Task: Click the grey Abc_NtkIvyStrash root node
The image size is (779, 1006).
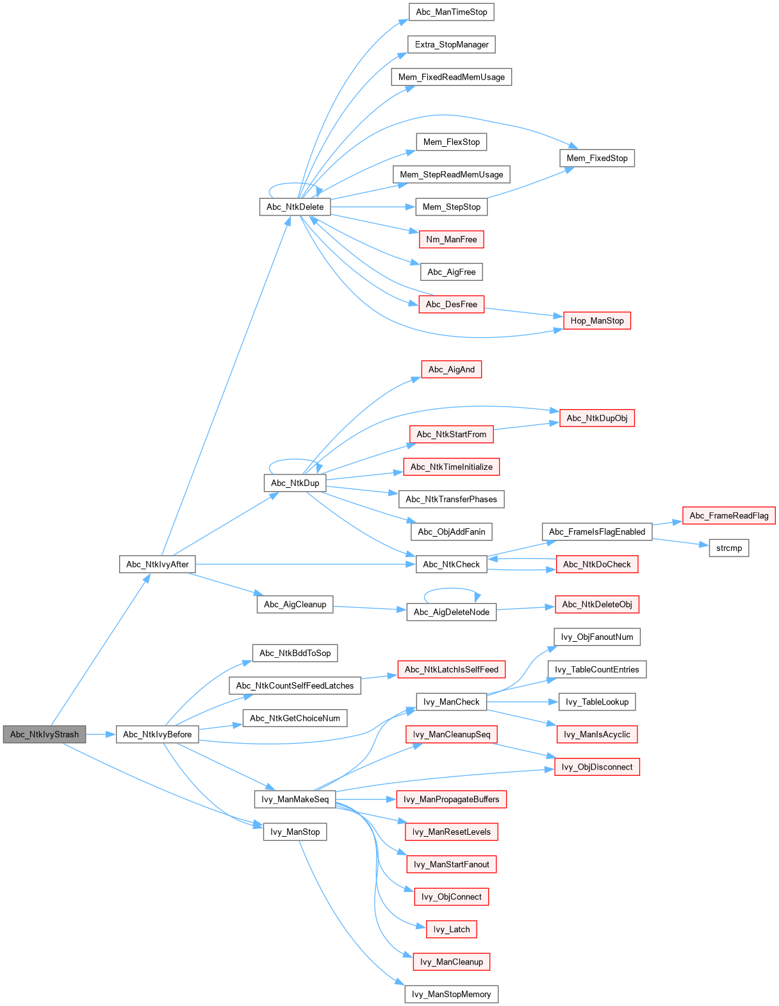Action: tap(44, 734)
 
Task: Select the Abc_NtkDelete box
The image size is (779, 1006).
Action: tap(295, 206)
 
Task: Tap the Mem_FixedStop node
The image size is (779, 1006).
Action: tap(597, 158)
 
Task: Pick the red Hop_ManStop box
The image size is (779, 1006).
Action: tap(597, 321)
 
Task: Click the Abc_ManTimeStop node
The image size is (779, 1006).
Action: tap(451, 12)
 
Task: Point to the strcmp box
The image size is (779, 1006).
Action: tap(729, 548)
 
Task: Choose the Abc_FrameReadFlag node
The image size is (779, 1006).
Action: tap(729, 516)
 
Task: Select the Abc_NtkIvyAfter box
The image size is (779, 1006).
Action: tap(158, 564)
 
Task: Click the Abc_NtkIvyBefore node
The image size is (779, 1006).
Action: tap(158, 734)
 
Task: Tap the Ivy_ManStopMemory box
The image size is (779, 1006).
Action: tap(451, 994)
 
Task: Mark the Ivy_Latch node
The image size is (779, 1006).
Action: tap(451, 929)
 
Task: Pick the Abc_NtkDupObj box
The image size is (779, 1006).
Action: tap(597, 418)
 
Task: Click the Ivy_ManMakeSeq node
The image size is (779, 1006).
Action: tap(295, 799)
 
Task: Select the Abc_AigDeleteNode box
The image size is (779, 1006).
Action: tap(451, 612)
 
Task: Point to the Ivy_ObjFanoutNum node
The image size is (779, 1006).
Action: tap(597, 637)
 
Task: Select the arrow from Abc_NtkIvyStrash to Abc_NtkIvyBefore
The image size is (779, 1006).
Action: tap(101, 734)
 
